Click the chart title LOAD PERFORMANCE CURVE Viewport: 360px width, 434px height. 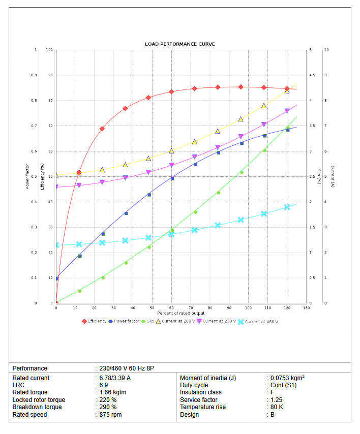click(x=180, y=44)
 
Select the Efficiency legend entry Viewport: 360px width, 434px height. click(x=97, y=321)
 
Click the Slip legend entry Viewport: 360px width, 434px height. click(x=151, y=321)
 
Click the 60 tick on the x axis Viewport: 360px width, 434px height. click(x=171, y=308)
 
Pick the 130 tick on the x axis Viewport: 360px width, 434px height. click(x=306, y=308)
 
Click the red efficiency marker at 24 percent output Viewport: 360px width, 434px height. click(x=102, y=129)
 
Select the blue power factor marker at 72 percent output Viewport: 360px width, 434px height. click(x=195, y=164)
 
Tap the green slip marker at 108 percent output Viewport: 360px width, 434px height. click(x=264, y=150)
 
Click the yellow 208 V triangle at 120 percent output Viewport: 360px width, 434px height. click(x=287, y=90)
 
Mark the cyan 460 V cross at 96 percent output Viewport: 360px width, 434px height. click(x=241, y=220)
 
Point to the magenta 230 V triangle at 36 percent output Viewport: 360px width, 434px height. click(x=125, y=178)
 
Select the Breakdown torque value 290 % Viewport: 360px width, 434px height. click(x=107, y=407)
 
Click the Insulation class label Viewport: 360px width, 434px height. click(x=200, y=392)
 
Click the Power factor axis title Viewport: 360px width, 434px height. click(x=27, y=177)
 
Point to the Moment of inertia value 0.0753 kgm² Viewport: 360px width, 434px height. click(x=287, y=378)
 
